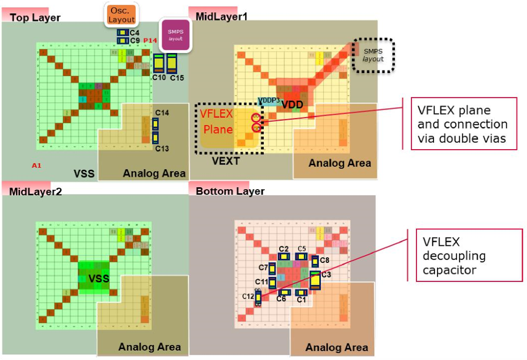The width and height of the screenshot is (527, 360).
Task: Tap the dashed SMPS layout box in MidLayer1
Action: [x=373, y=55]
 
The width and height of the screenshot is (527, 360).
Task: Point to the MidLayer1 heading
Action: [x=222, y=17]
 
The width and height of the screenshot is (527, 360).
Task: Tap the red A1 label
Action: [x=37, y=166]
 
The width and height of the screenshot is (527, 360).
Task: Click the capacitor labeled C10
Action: [x=159, y=64]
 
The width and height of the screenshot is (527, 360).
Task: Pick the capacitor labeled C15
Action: [x=172, y=64]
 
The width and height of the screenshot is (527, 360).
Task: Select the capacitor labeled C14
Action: [x=155, y=124]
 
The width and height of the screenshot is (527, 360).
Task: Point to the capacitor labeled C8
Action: [x=315, y=261]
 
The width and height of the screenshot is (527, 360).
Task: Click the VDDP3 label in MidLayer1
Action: [x=268, y=99]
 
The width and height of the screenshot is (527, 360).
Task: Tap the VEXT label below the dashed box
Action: [x=227, y=161]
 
